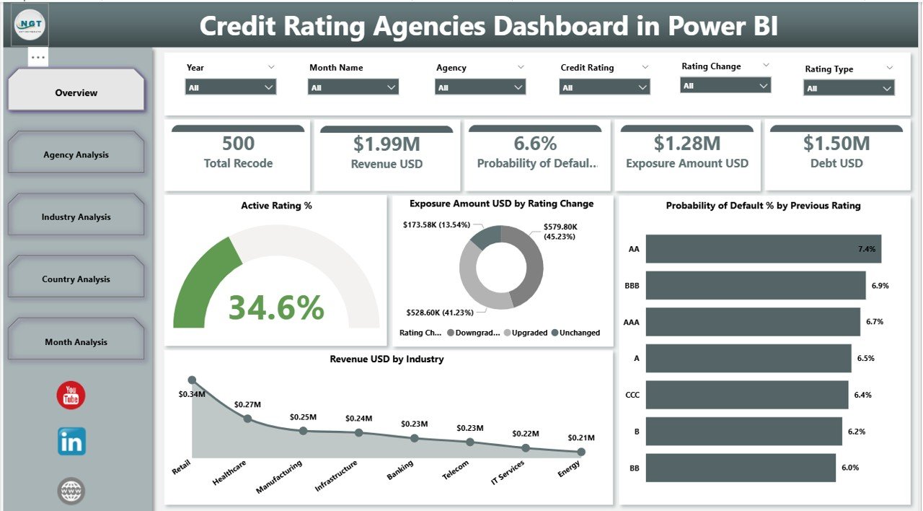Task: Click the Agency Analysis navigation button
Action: click(76, 154)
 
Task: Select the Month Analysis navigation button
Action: click(76, 341)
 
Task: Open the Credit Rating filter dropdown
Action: click(604, 87)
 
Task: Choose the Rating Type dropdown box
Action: click(849, 88)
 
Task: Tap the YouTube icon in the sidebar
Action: click(71, 396)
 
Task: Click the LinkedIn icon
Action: click(71, 441)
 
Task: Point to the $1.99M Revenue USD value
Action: click(386, 144)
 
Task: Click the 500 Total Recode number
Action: click(238, 144)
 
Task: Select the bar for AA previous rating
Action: click(763, 249)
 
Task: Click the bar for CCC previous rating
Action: click(746, 395)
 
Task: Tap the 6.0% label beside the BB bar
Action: click(850, 468)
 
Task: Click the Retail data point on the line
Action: click(192, 380)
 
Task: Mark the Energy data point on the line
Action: click(581, 452)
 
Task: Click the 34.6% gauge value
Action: click(276, 307)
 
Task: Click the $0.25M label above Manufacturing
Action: click(303, 417)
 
